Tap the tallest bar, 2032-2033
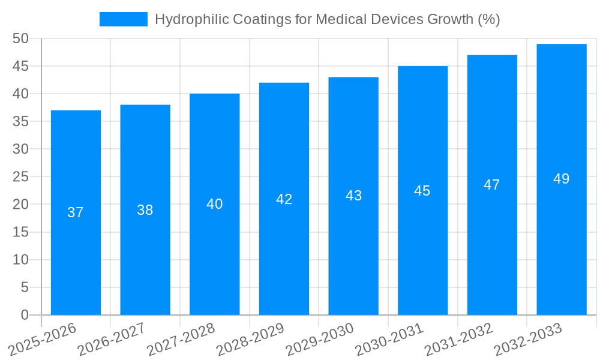pos(562,240)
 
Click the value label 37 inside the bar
pos(76,212)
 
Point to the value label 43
pos(353,196)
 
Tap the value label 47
pos(492,185)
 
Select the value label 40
pos(214,204)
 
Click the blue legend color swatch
pos(124,19)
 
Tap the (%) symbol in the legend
pos(488,19)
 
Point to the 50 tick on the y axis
pos(20,38)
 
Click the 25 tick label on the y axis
pos(20,176)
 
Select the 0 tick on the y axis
pos(25,315)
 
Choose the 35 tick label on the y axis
pos(20,121)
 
